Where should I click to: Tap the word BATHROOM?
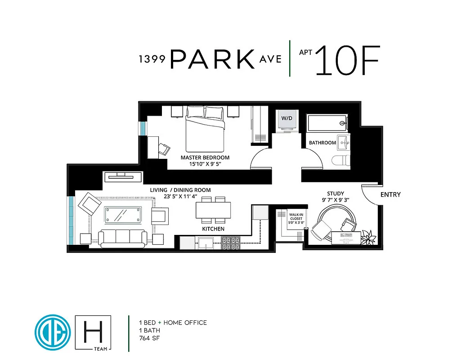(323, 143)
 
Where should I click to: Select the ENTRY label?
(390, 195)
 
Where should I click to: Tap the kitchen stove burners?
(230, 243)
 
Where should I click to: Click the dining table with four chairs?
(213, 210)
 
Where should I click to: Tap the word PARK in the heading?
(213, 59)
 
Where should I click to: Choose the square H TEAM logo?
(93, 333)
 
